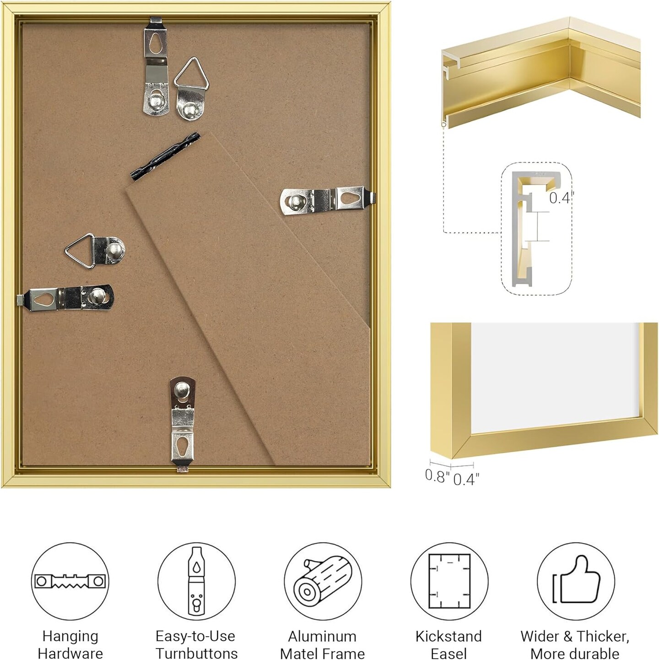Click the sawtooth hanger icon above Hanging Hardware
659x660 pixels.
click(70, 581)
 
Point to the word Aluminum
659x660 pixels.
click(322, 636)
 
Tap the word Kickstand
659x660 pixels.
click(448, 636)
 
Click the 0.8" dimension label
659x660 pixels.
click(437, 476)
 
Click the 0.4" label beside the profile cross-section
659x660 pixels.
click(562, 198)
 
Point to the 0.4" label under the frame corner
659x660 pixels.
click(466, 479)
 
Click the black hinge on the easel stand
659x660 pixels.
click(165, 156)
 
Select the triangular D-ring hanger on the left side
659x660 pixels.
click(95, 251)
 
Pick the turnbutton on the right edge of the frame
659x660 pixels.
click(328, 200)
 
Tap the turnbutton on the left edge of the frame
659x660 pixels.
click(65, 298)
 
